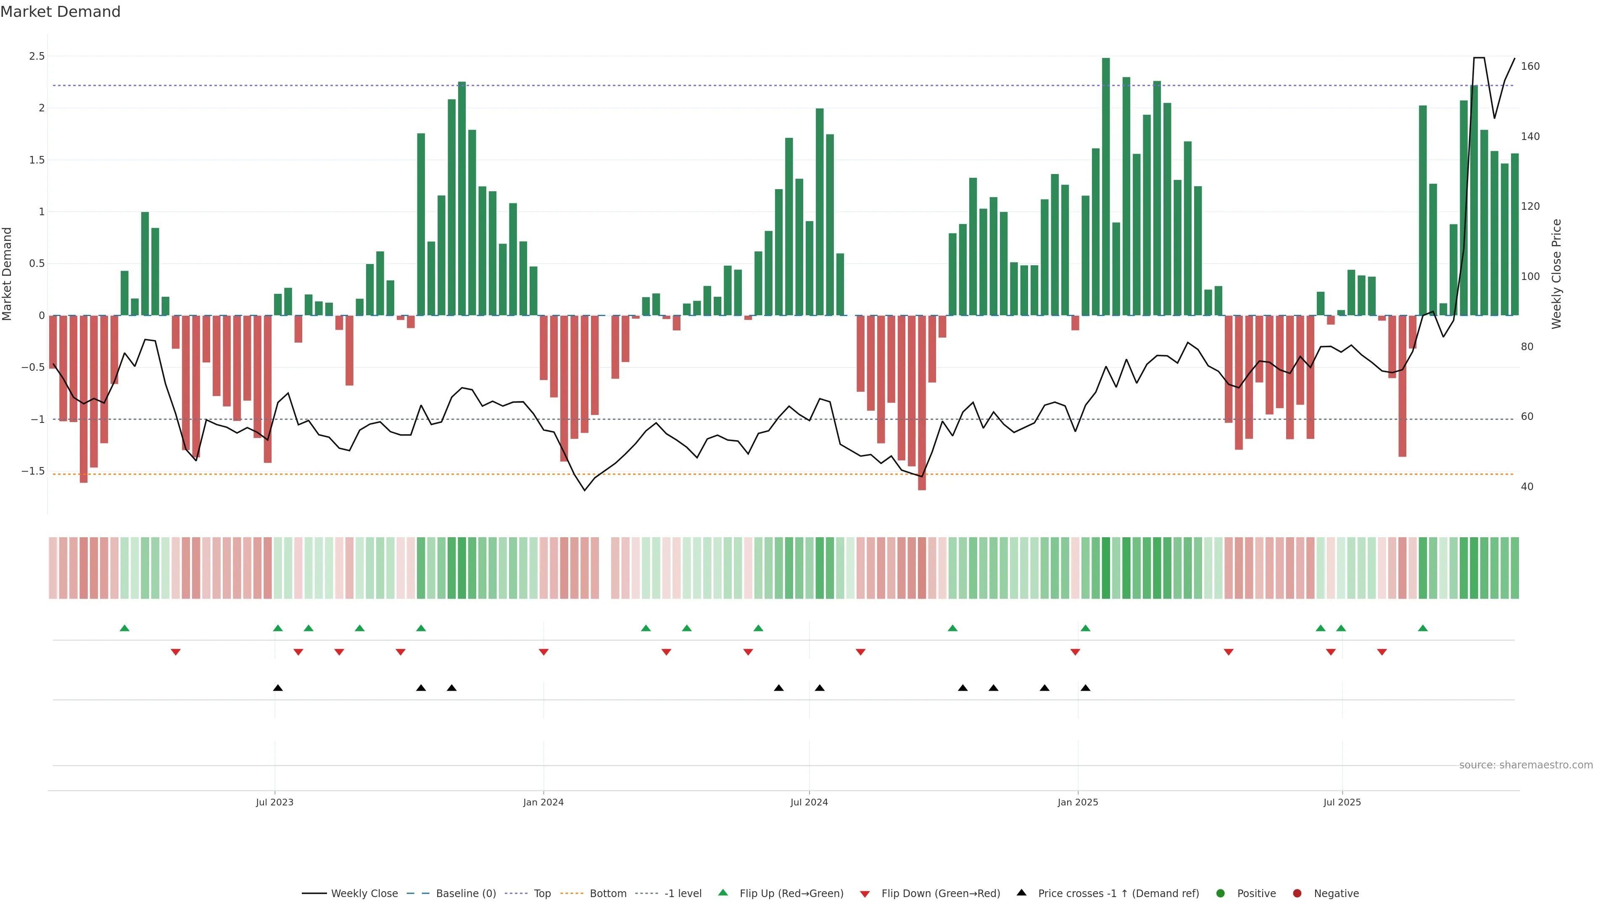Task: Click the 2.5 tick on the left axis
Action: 37,56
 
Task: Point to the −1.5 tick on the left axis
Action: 33,471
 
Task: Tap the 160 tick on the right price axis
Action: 1530,66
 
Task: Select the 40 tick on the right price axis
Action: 1527,487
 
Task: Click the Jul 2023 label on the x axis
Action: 274,802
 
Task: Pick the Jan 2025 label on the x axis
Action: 1078,802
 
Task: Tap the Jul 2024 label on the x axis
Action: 809,802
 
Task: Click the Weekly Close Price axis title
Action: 1556,274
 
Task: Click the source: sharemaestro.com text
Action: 1526,765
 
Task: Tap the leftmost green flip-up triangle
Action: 125,628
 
